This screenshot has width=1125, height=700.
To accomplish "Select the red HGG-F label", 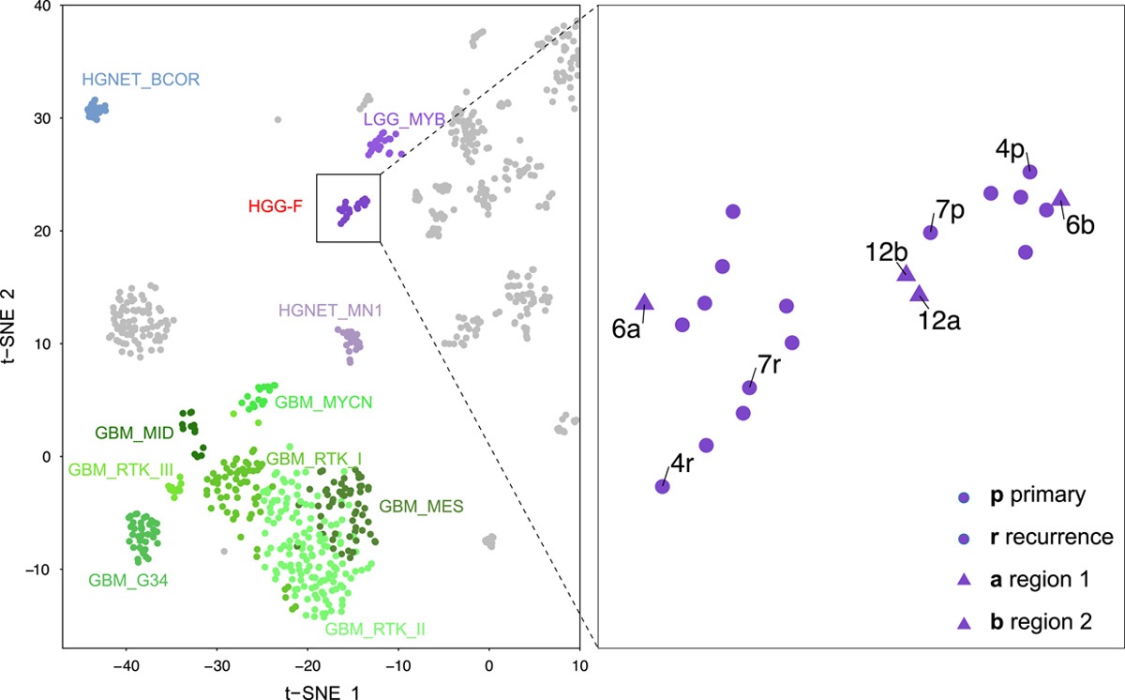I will coord(276,206).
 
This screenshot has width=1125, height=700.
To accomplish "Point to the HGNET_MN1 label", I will coord(324,311).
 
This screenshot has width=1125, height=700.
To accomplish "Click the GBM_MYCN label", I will coord(324,402).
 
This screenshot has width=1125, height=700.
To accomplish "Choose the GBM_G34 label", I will coord(128,580).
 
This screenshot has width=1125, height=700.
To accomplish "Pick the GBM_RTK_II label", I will coord(375,629).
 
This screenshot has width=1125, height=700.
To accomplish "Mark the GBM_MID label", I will coord(132,434).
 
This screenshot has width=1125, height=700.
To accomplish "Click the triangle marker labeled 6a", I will coord(644,302).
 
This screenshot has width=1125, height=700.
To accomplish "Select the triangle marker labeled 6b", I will coord(1060,198).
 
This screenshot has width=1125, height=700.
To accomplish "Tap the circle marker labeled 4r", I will coord(662,486).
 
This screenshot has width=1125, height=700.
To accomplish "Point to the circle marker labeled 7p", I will coord(930,232).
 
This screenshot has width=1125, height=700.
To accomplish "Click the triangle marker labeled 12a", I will coord(919,294).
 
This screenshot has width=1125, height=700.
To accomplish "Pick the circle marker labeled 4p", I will coord(1029,172).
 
